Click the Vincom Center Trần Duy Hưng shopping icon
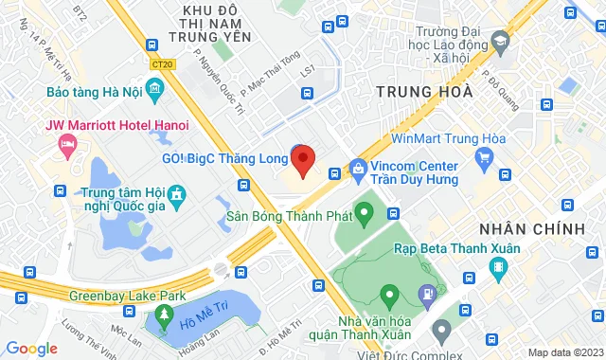pyautogui.click(x=358, y=170)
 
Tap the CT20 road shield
pyautogui.click(x=162, y=64)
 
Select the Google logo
pyautogui.click(x=31, y=349)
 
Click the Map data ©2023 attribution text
pyautogui.click(x=564, y=352)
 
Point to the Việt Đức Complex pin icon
pyautogui.click(x=440, y=331)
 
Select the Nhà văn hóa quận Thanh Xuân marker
pyautogui.click(x=387, y=294)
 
